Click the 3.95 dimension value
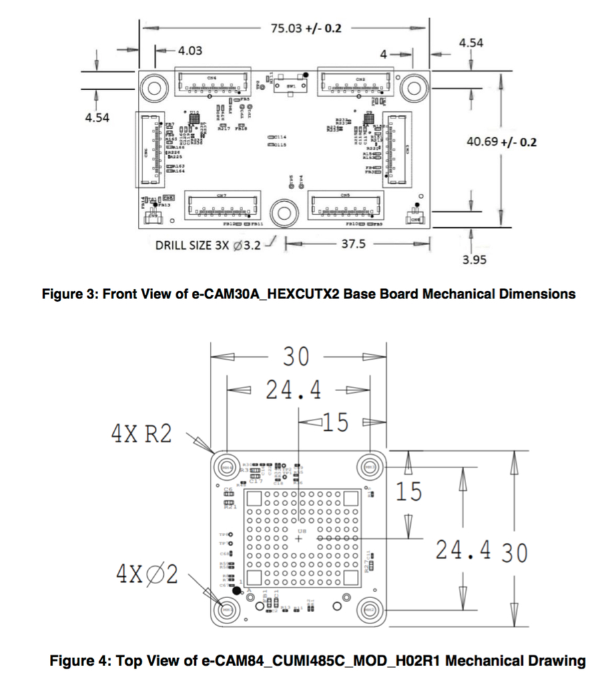(x=474, y=260)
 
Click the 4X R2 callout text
(x=141, y=434)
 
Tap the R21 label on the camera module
(x=229, y=508)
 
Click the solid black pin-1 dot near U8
(x=236, y=589)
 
